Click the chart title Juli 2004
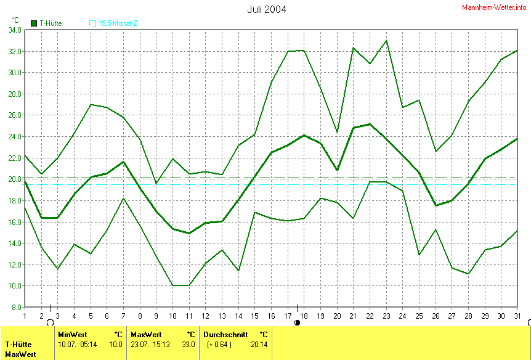(x=266, y=9)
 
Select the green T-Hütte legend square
(x=34, y=23)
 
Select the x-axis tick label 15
(x=254, y=316)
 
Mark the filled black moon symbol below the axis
(x=298, y=322)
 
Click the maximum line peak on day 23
(x=386, y=41)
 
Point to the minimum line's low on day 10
(x=172, y=285)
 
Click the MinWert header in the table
(x=73, y=335)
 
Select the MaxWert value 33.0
(x=188, y=345)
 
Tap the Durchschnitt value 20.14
(x=259, y=345)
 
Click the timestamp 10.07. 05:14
(x=77, y=345)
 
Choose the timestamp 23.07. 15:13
(x=150, y=345)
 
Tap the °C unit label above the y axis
(x=15, y=20)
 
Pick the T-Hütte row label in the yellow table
(x=19, y=345)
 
